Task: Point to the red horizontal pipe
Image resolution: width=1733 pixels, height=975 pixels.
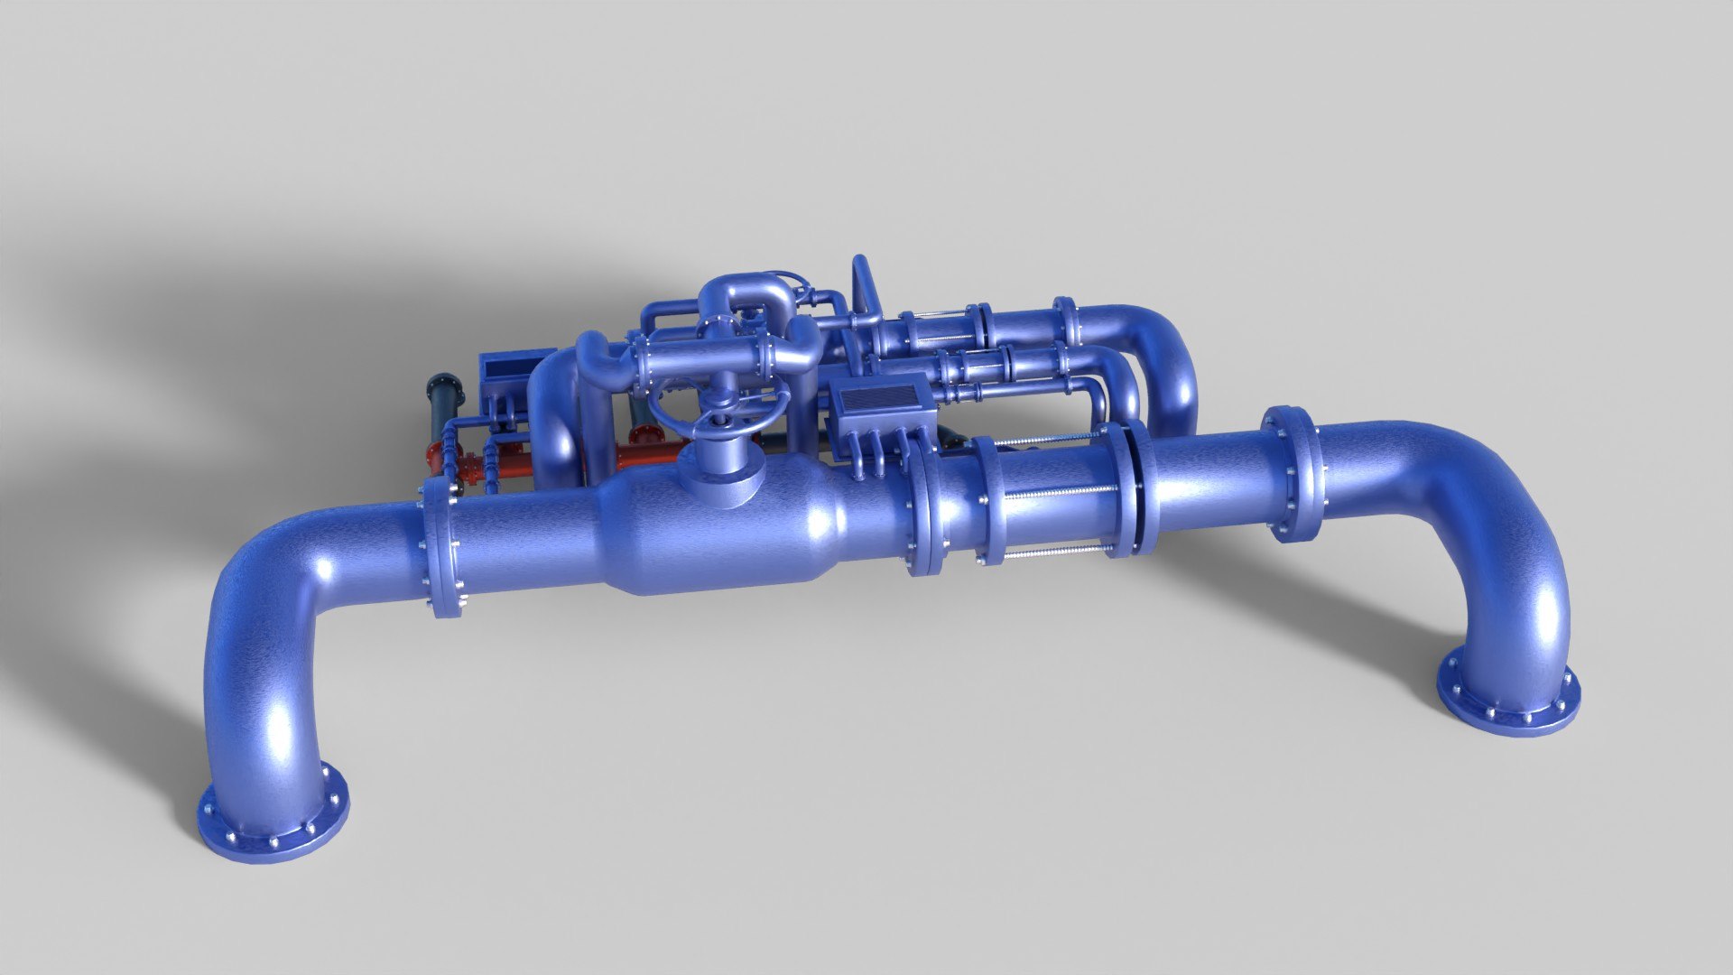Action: [x=505, y=468]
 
